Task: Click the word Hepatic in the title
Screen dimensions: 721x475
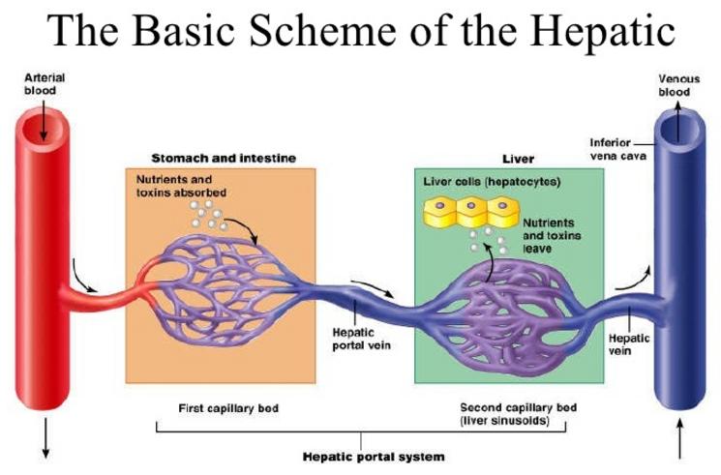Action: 605,31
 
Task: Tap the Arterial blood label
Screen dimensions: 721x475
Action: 45,84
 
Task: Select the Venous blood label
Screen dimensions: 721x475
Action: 678,85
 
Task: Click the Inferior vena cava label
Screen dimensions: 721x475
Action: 617,149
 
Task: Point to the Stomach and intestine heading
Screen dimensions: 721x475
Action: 224,159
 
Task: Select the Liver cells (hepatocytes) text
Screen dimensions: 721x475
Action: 492,182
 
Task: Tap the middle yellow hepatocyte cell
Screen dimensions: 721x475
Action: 471,212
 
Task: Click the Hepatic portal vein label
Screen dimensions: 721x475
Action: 361,339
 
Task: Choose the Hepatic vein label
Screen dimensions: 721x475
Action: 628,344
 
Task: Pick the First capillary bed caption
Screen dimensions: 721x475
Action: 228,408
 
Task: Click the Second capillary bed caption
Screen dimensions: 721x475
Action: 518,414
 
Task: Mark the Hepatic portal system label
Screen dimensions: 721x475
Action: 374,457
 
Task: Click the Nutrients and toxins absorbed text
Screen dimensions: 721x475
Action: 181,186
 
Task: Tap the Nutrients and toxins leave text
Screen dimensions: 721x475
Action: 552,235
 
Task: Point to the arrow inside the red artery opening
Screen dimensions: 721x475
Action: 44,120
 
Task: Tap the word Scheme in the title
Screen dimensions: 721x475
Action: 323,31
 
